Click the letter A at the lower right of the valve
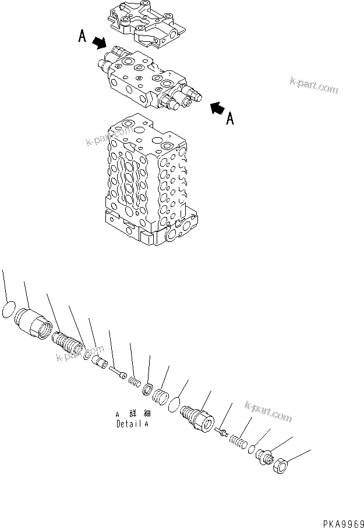tap(230, 119)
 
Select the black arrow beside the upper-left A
tap(100, 43)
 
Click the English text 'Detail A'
tap(132, 424)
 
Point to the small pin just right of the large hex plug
tap(221, 431)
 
